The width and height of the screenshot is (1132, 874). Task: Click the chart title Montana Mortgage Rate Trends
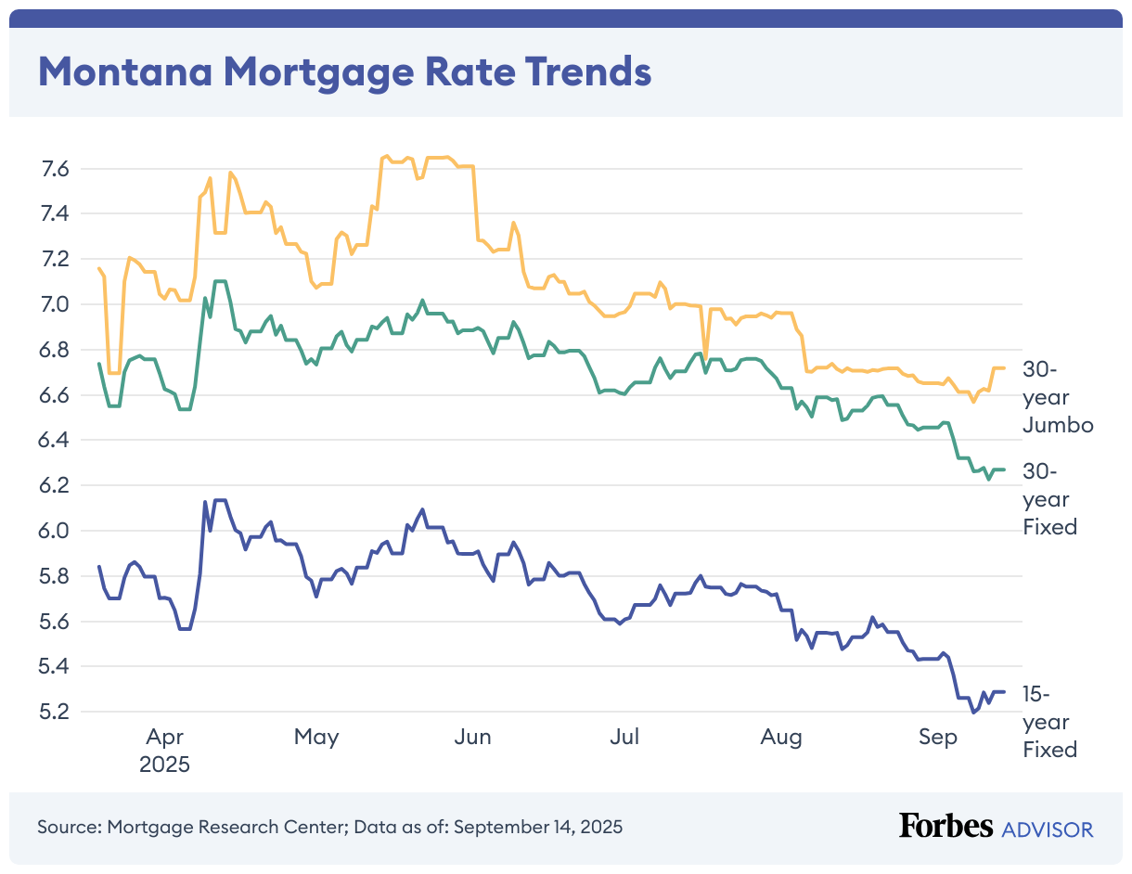click(x=344, y=71)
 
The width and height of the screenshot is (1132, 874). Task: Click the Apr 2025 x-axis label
click(x=164, y=752)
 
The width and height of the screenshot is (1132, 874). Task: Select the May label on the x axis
click(x=316, y=738)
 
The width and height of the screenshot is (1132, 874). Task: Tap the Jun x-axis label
click(x=473, y=738)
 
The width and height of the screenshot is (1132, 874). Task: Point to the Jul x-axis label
click(x=624, y=738)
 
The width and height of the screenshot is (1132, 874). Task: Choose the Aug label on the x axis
click(x=780, y=738)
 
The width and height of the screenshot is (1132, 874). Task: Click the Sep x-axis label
click(x=937, y=738)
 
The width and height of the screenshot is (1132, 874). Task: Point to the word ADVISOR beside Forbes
click(x=1048, y=829)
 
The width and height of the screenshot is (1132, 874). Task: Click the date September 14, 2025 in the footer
click(x=538, y=826)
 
